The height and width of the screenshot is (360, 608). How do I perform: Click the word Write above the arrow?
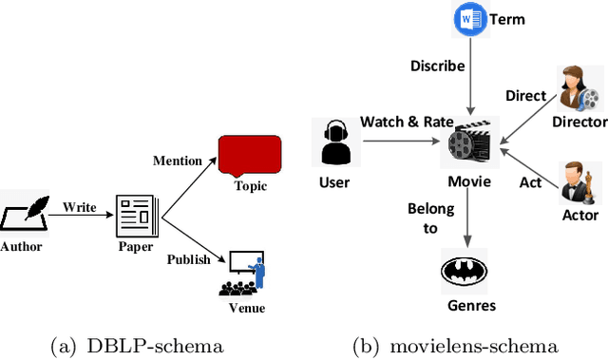coord(80,206)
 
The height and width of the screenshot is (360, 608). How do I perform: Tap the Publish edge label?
coord(189,259)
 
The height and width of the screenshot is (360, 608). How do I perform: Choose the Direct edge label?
coord(525,95)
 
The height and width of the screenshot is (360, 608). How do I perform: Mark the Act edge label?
coord(529,181)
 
